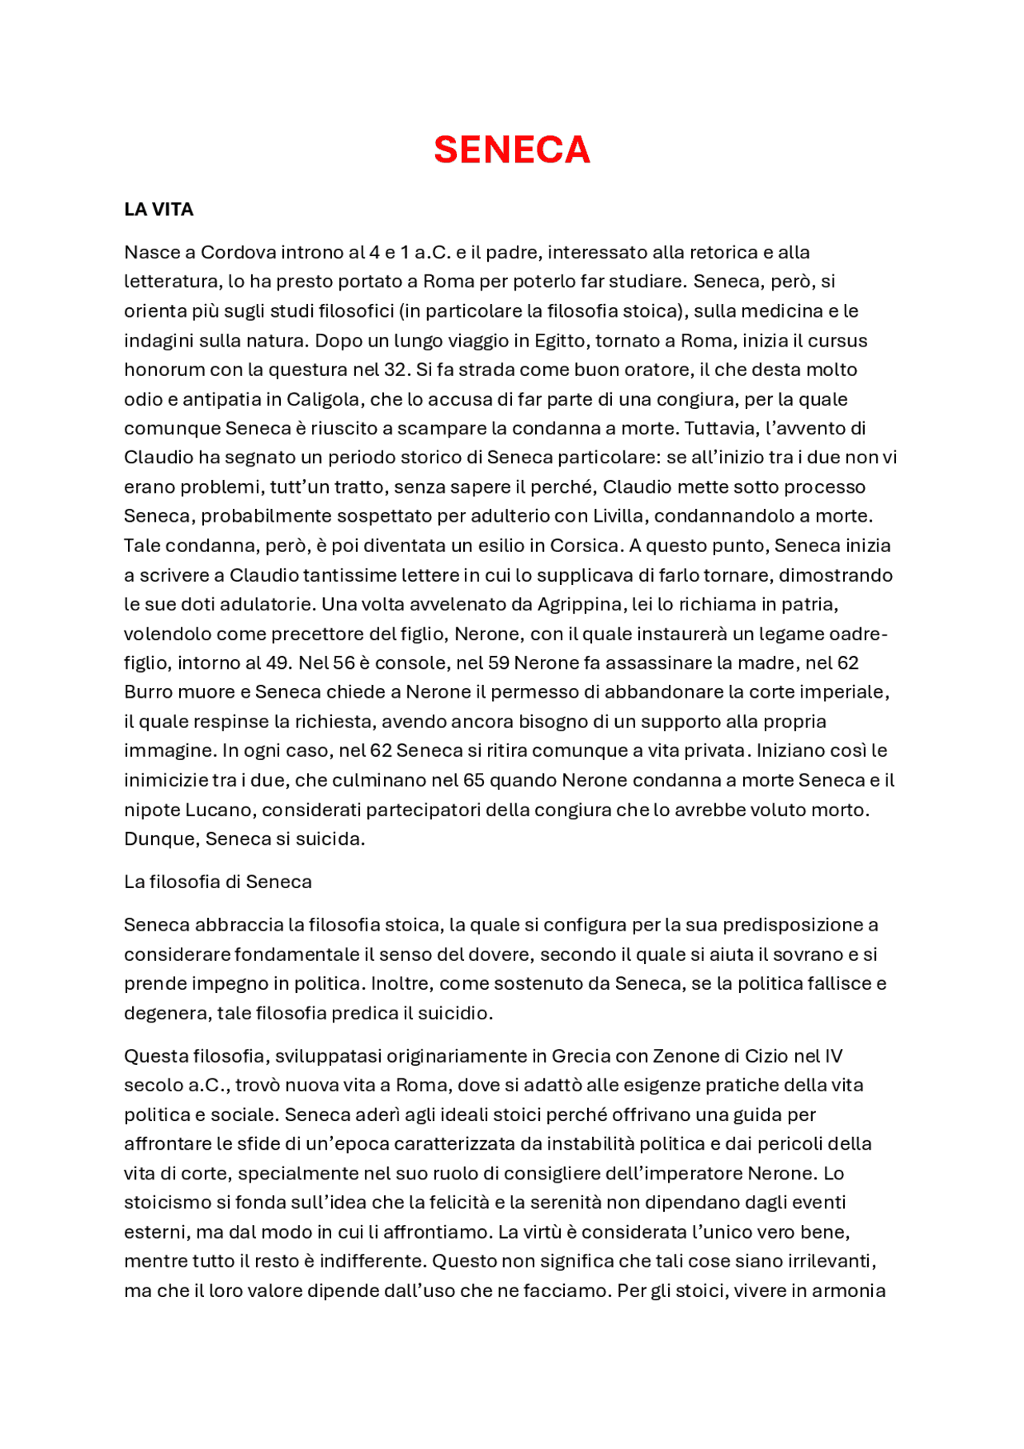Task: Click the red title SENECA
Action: pyautogui.click(x=511, y=150)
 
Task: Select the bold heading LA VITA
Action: pyautogui.click(x=158, y=210)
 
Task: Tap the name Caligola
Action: pyautogui.click(x=323, y=399)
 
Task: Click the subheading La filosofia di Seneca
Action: pyautogui.click(x=218, y=882)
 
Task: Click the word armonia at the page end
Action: pyautogui.click(x=848, y=1291)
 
